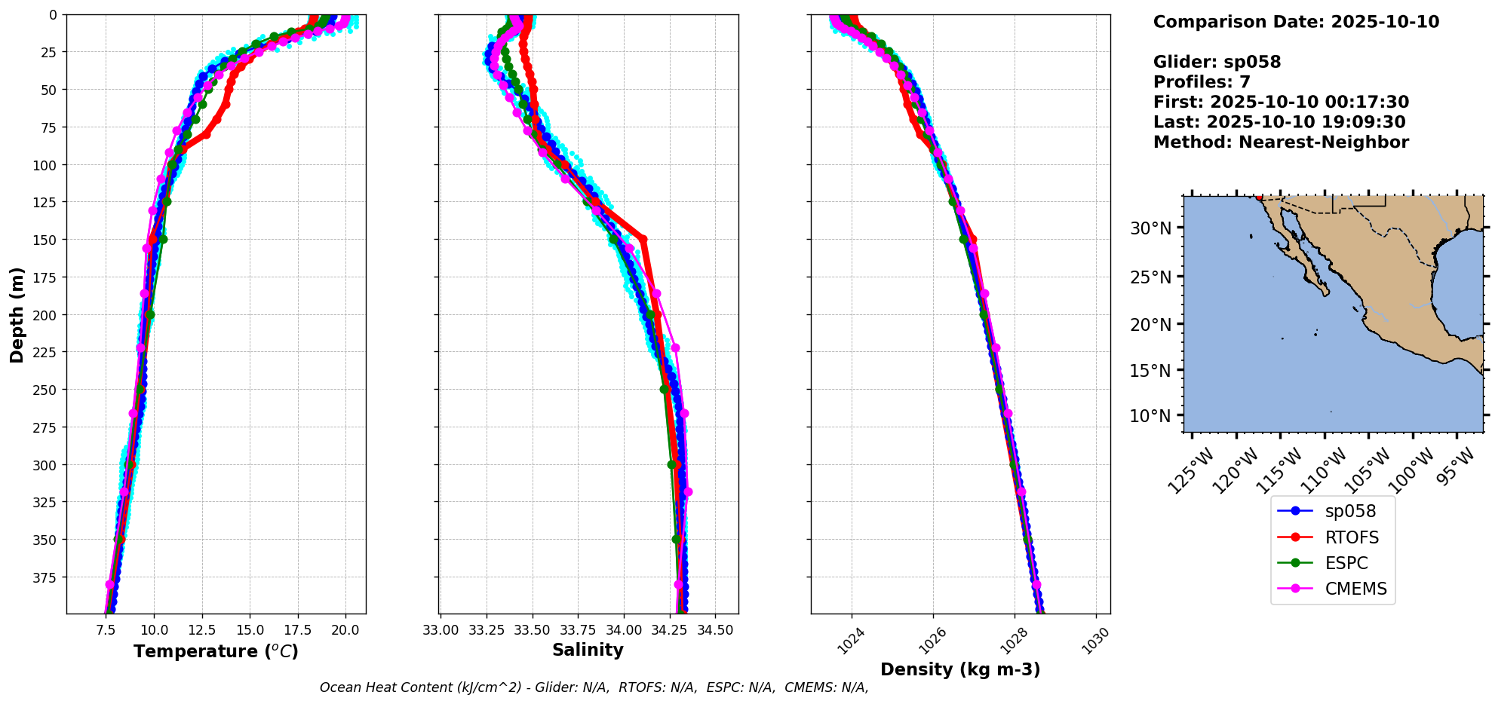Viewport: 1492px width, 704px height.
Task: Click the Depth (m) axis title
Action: pos(17,314)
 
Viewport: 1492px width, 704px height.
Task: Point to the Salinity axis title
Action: pos(588,650)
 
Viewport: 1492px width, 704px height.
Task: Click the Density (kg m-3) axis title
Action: pos(960,669)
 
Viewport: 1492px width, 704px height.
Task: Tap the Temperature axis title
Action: pos(216,651)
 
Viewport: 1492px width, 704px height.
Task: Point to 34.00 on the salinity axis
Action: pos(623,629)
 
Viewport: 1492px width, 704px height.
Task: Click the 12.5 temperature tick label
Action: pos(201,629)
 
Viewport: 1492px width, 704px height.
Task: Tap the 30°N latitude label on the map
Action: pos(1150,228)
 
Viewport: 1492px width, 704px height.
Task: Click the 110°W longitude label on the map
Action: pos(1328,468)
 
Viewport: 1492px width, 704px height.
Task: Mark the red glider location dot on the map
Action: pos(1258,197)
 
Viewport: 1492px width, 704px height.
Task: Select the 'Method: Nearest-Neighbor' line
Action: pos(1281,142)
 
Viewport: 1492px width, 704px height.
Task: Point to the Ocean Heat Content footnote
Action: pos(594,687)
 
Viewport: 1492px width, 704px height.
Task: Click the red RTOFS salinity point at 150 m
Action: pos(643,239)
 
